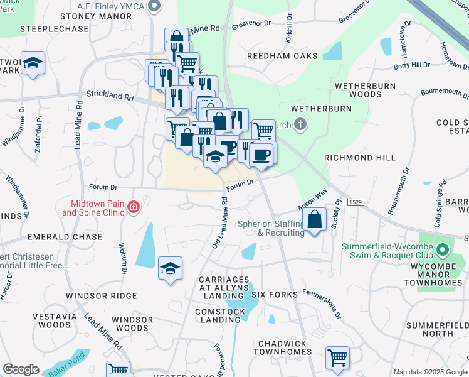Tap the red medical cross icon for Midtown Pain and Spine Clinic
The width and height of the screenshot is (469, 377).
pos(132,207)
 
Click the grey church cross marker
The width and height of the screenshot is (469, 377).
pos(300,124)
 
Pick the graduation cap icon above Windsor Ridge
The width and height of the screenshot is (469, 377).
pos(170,269)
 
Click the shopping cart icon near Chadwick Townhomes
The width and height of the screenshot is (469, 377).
pos(337,358)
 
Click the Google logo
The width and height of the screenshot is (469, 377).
pos(21,369)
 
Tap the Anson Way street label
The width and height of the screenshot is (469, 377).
pos(313,202)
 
